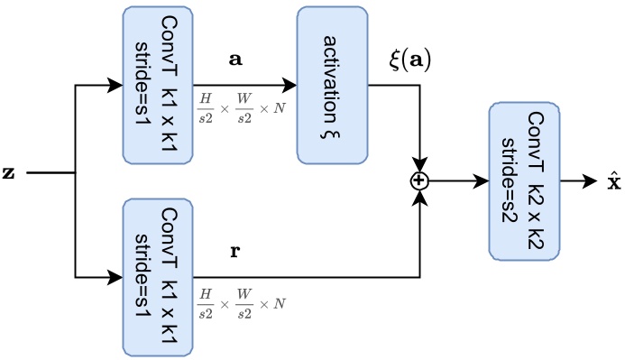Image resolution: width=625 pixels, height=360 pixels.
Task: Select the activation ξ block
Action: coord(331,85)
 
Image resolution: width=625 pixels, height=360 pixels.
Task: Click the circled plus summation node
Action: coord(419,180)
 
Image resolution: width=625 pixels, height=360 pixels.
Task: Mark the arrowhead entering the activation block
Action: coord(290,86)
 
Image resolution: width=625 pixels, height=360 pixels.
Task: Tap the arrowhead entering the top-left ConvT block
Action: coord(115,86)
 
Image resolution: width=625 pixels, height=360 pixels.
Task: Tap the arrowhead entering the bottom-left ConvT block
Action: coord(115,276)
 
